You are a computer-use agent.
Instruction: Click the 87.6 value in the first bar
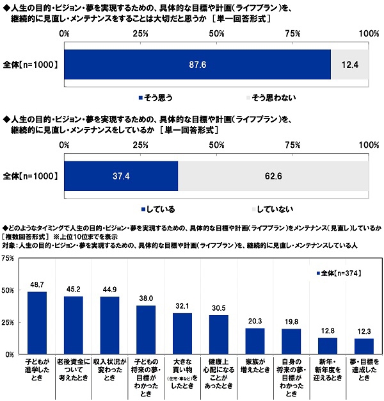pyautogui.click(x=197, y=65)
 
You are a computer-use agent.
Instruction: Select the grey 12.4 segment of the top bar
pyautogui.click(x=349, y=65)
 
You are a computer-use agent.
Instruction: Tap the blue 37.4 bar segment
pyautogui.click(x=121, y=176)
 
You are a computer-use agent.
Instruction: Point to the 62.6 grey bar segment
pyautogui.click(x=273, y=176)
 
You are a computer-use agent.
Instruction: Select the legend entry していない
pyautogui.click(x=271, y=208)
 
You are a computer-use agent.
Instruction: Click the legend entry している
pyautogui.click(x=157, y=208)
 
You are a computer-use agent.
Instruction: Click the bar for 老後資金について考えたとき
pyautogui.click(x=73, y=325)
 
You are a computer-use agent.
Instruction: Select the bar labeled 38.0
pyautogui.click(x=146, y=330)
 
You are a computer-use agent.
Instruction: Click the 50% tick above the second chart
pyautogui.click(x=216, y=146)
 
